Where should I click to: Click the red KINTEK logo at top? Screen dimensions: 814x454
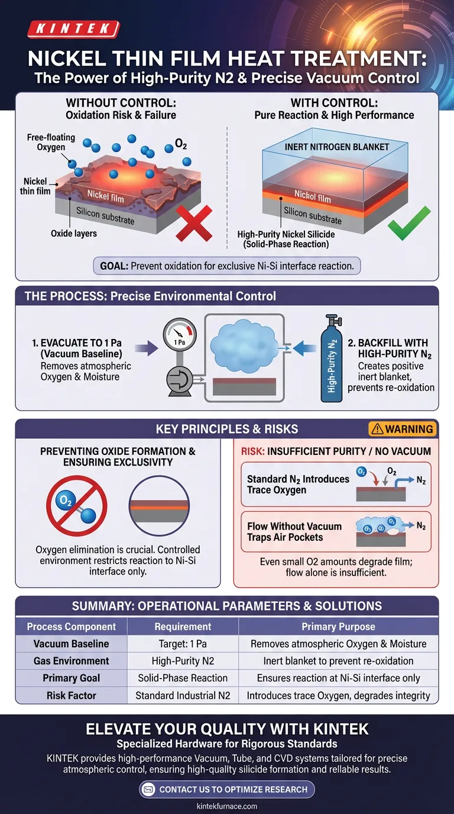click(x=74, y=28)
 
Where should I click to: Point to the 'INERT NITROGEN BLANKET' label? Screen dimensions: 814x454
click(x=336, y=146)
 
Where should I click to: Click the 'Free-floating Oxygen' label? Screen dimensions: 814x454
click(x=51, y=142)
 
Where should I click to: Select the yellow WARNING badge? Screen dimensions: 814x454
click(x=402, y=429)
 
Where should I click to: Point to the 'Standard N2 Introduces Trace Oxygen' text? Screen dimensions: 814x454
click(x=298, y=484)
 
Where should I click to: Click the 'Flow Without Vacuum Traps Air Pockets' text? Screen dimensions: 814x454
click(x=294, y=531)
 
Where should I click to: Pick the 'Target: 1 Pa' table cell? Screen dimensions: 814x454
click(x=183, y=644)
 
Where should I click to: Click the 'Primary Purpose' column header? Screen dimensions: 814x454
click(x=338, y=626)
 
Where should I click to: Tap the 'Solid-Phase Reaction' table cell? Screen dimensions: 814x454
click(x=183, y=678)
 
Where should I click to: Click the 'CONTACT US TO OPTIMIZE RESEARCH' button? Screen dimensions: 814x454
click(x=227, y=789)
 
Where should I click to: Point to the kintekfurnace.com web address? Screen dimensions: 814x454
click(x=227, y=806)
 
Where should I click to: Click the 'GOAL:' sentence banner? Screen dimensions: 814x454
click(x=227, y=266)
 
